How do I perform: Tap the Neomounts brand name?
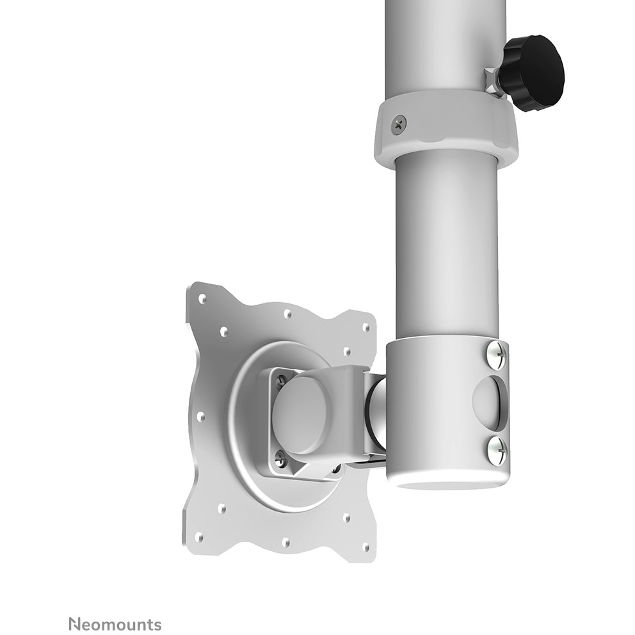115,624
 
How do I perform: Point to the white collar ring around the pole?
446,128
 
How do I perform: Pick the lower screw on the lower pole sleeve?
496,450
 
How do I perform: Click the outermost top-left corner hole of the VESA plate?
202,298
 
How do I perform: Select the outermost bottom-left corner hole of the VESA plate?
199,536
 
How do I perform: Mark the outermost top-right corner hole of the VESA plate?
366,327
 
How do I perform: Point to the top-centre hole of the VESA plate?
287,313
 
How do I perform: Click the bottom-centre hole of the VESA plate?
285,542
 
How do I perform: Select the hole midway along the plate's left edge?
200,416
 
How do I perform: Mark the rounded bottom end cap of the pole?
448,480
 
